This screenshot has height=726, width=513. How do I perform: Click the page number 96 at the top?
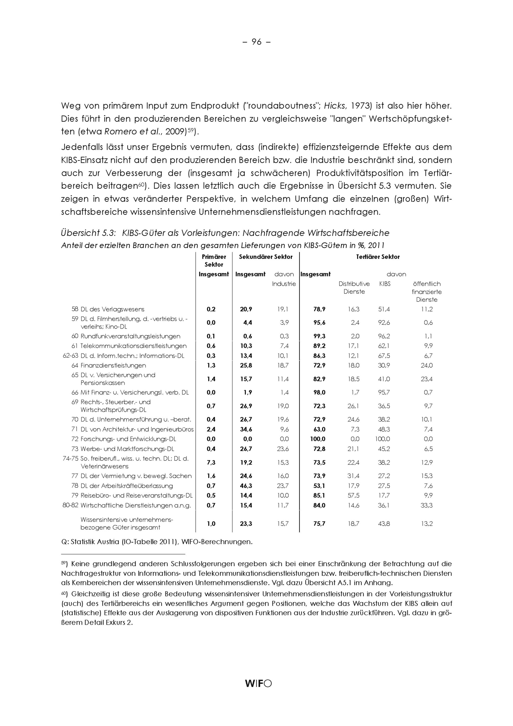click(x=256, y=42)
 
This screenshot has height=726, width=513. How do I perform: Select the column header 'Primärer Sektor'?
click(x=214, y=261)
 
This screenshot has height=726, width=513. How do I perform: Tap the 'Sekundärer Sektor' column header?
click(x=265, y=257)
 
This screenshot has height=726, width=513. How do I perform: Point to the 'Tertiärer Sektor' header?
click(x=378, y=257)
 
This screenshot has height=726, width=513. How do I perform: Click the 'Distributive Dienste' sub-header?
click(x=354, y=287)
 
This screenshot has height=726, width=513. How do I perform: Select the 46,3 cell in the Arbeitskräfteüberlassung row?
click(x=246, y=486)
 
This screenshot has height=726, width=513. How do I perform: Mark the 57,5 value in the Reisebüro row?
click(x=353, y=495)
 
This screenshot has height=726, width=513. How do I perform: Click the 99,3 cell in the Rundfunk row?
click(x=319, y=336)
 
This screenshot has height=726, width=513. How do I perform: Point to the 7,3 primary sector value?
click(x=211, y=462)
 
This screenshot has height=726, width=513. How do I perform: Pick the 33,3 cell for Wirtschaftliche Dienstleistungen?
click(x=426, y=505)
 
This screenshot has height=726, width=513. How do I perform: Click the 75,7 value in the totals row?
click(x=319, y=524)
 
